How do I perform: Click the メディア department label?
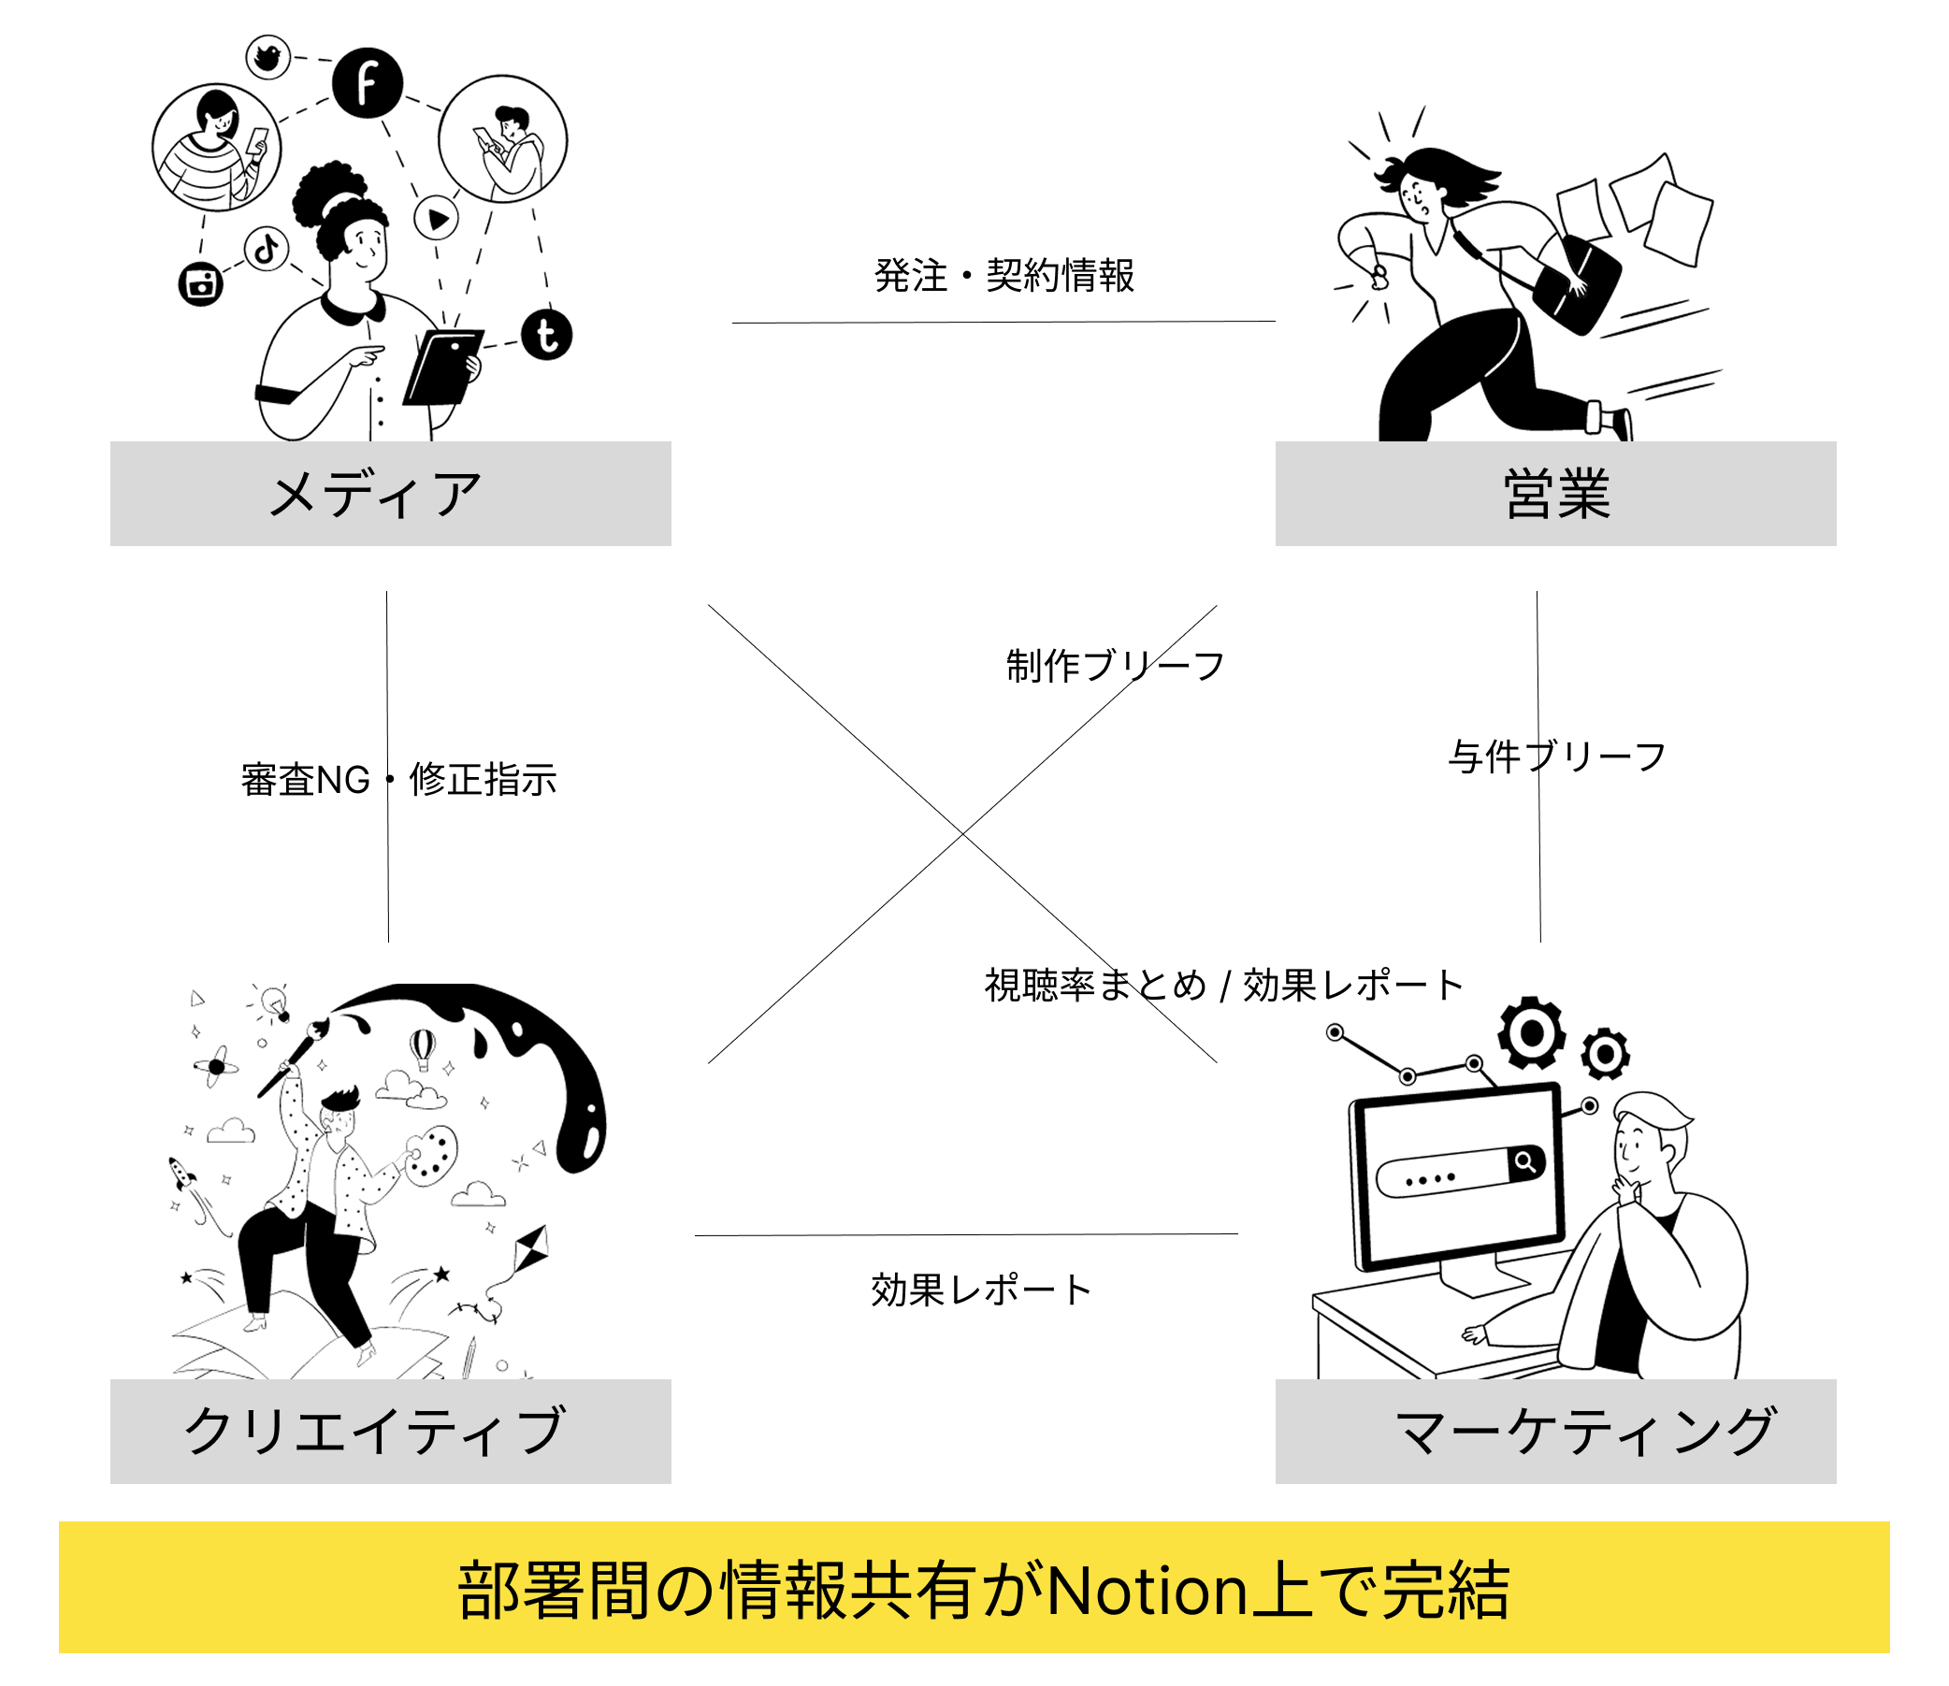[376, 495]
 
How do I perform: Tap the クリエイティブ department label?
[376, 1432]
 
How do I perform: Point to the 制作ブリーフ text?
[1115, 666]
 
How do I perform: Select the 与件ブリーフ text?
[1556, 757]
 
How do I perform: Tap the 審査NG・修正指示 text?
[398, 780]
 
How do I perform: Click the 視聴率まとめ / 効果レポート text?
[1223, 985]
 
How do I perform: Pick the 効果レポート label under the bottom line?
[981, 1290]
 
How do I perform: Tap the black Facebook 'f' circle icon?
[367, 83]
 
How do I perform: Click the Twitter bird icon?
[268, 57]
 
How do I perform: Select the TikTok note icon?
[267, 250]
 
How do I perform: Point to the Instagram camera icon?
[200, 283]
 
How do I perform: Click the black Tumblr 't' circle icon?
[547, 335]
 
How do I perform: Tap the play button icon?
[437, 218]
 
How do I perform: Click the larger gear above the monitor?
[1531, 1033]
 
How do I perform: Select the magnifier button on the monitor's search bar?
[1525, 1162]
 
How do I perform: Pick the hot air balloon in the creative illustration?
[423, 1047]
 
